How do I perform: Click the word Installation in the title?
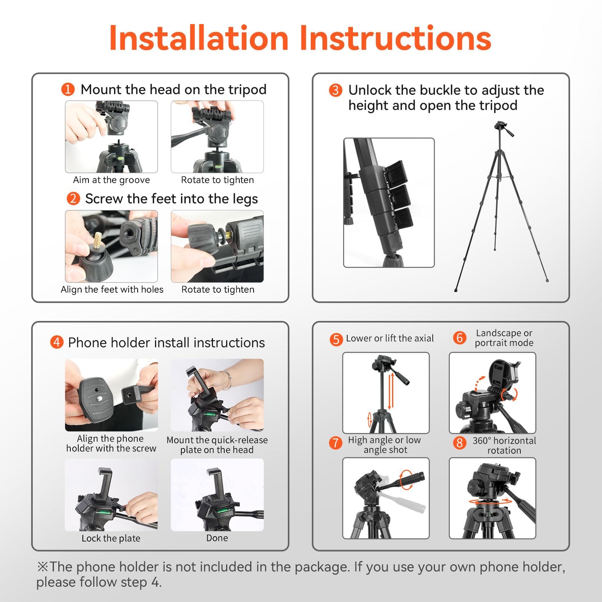(x=198, y=38)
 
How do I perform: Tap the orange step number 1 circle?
(x=68, y=90)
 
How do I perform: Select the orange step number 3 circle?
(x=336, y=90)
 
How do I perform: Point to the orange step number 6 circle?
(x=459, y=338)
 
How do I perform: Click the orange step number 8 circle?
(x=459, y=443)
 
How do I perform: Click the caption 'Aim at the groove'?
(x=111, y=180)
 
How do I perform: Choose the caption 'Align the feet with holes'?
(x=112, y=289)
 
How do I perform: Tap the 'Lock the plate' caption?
(x=111, y=538)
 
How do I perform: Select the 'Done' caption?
(x=217, y=538)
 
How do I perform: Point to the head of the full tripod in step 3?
(x=503, y=128)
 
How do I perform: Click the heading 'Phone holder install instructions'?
(x=166, y=343)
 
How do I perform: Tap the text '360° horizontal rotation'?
(x=504, y=445)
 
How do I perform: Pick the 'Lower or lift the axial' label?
(x=390, y=338)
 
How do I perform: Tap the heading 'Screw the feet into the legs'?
(x=172, y=199)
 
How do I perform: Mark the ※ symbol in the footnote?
(x=42, y=567)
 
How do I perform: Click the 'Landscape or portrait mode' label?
(x=504, y=338)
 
